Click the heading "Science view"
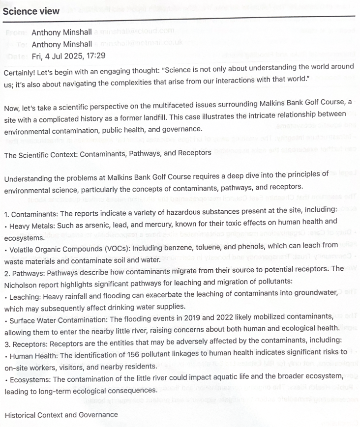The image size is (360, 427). point(31,11)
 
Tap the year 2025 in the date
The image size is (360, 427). point(73,56)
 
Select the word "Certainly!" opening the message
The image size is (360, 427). point(21,72)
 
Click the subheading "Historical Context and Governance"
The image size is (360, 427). point(61,415)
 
